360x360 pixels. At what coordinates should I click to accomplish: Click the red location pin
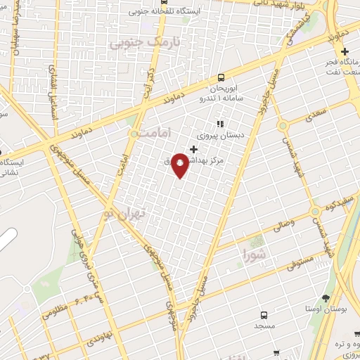[x=180, y=165]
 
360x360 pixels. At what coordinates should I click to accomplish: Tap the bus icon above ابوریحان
[x=221, y=77]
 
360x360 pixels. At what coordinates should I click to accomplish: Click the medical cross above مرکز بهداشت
[x=194, y=149]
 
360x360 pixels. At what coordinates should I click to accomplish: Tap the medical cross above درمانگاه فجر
[x=344, y=51]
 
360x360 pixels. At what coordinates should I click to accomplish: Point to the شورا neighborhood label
[x=255, y=252]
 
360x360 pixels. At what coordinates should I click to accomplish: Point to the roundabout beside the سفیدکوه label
[x=316, y=210]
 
